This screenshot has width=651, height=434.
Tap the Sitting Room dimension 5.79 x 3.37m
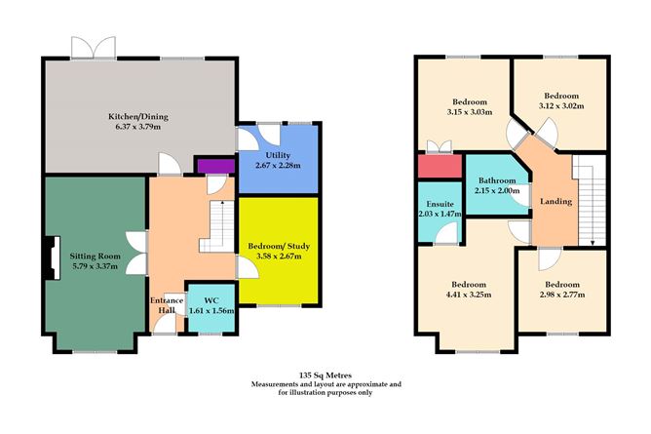94,266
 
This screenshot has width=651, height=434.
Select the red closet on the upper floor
436,167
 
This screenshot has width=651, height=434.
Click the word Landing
555,201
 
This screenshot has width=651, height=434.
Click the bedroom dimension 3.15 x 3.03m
470,112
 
